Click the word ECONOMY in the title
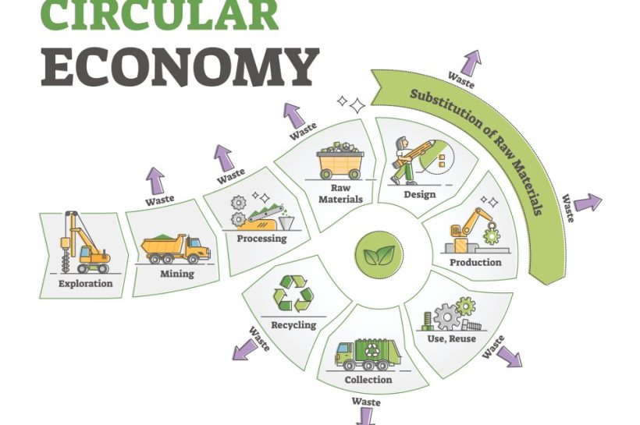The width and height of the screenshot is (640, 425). (x=180, y=67)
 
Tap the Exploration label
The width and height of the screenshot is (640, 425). (x=85, y=284)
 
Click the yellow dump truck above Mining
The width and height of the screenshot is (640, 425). (x=176, y=249)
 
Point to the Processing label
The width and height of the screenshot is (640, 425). (x=262, y=239)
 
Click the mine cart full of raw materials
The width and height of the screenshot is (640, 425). (x=340, y=161)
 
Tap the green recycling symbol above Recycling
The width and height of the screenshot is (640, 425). (x=294, y=293)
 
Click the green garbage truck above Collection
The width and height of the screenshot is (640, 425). (x=368, y=354)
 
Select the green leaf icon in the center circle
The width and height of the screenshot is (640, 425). (x=379, y=254)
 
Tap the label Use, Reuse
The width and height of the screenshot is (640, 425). (x=451, y=338)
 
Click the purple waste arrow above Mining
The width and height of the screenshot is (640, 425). (x=155, y=181)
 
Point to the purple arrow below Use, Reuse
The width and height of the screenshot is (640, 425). (x=510, y=356)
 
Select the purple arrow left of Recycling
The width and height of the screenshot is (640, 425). (x=246, y=350)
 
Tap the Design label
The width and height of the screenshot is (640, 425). (x=420, y=194)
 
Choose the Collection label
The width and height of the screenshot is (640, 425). (x=368, y=380)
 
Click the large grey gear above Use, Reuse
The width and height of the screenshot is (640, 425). (x=446, y=317)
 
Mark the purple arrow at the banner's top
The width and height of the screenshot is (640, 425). (x=472, y=63)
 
